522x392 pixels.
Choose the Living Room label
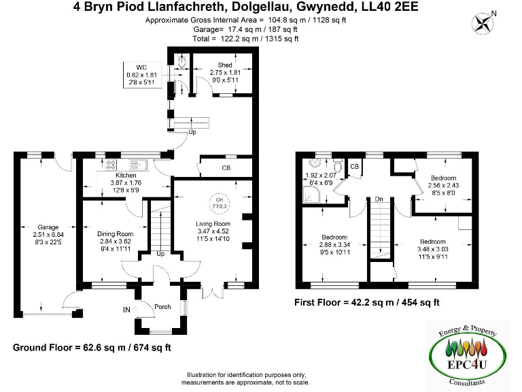point(213,224)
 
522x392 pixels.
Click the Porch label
point(162,306)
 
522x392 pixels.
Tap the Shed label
point(225,65)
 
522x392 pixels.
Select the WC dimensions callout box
point(141,73)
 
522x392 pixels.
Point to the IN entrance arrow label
point(127,310)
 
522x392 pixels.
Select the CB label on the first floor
point(354,166)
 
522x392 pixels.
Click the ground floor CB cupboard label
point(226,168)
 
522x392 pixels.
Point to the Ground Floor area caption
point(92,347)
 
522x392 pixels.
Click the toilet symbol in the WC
point(181,62)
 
